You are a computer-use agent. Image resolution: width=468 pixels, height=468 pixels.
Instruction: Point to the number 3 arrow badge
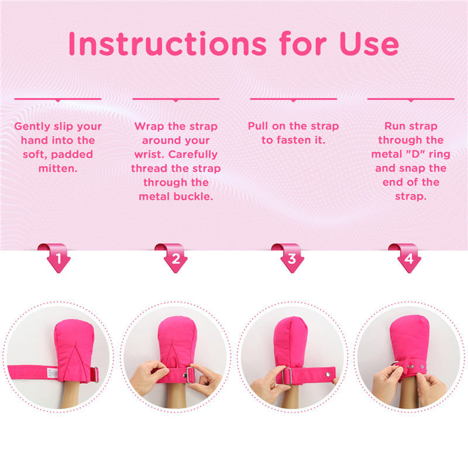[x=292, y=258]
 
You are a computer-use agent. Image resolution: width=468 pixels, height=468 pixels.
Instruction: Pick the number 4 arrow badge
[x=409, y=258]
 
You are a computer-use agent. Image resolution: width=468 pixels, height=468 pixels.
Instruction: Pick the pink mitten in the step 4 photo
[x=409, y=339]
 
